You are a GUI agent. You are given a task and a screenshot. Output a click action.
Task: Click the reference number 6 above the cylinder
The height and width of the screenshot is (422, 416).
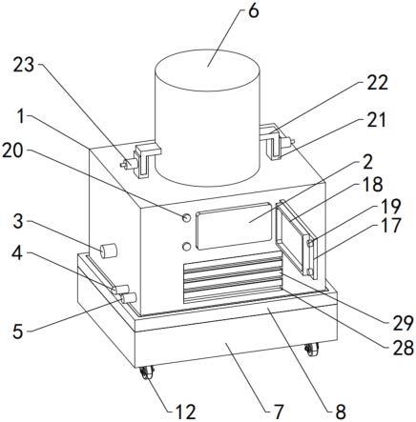click(254, 11)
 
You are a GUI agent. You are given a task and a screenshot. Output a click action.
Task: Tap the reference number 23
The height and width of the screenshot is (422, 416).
click(24, 65)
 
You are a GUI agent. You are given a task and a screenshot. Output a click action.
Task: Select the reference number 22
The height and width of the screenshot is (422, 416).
click(378, 83)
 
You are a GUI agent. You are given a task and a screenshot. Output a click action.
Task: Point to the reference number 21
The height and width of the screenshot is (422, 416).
click(377, 120)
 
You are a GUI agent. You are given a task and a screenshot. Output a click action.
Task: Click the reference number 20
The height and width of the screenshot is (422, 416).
click(12, 151)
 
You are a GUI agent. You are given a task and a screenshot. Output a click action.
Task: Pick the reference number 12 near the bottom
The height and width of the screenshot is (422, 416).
click(186, 412)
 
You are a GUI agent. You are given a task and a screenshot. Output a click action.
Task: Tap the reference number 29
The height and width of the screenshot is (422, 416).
click(403, 324)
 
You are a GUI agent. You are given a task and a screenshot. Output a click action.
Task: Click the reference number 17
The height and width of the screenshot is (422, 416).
click(391, 226)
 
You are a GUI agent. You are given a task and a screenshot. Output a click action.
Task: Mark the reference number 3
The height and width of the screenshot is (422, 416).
click(18, 222)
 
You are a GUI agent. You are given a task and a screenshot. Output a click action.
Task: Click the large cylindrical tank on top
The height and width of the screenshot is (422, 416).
click(207, 117)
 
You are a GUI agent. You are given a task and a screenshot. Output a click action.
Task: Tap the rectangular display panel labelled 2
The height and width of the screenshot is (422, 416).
click(234, 226)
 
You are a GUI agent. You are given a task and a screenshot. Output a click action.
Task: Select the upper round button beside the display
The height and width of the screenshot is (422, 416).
click(186, 217)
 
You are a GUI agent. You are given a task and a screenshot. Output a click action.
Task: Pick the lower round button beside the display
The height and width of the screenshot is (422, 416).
click(187, 247)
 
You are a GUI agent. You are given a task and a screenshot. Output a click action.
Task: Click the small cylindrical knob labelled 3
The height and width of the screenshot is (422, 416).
click(108, 251)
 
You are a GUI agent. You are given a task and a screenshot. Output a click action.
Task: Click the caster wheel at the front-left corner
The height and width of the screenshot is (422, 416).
click(147, 373)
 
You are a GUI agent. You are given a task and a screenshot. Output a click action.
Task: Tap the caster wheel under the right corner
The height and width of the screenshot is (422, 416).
click(311, 350)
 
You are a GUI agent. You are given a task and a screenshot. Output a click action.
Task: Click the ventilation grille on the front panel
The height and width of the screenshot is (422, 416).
click(233, 276)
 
